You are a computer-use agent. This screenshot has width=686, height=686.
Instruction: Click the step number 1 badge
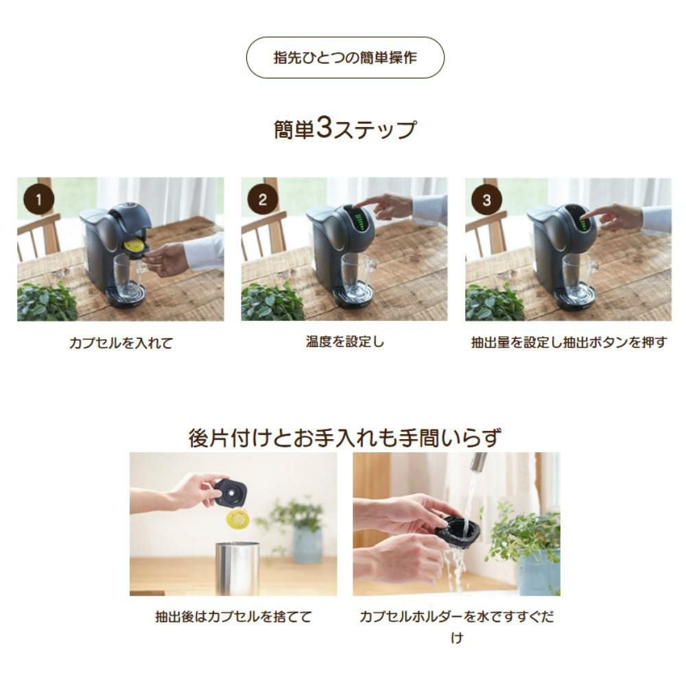point(38,200)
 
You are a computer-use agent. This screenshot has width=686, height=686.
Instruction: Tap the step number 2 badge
point(263,200)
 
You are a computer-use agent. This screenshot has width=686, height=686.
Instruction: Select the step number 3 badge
point(486,200)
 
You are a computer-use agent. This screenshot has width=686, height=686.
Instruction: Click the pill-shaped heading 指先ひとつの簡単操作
point(345,58)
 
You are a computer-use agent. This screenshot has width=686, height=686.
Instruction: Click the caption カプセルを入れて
point(121,342)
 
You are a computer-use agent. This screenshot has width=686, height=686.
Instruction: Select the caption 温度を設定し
point(345,341)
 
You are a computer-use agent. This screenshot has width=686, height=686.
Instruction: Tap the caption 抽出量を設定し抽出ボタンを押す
point(569,342)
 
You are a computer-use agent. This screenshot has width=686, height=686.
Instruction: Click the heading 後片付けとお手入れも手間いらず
point(344,438)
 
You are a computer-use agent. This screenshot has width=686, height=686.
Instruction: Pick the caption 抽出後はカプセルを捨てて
point(234,617)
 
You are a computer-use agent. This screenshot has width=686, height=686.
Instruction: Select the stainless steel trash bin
point(237,568)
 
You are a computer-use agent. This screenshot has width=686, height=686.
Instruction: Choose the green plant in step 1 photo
point(47,301)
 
